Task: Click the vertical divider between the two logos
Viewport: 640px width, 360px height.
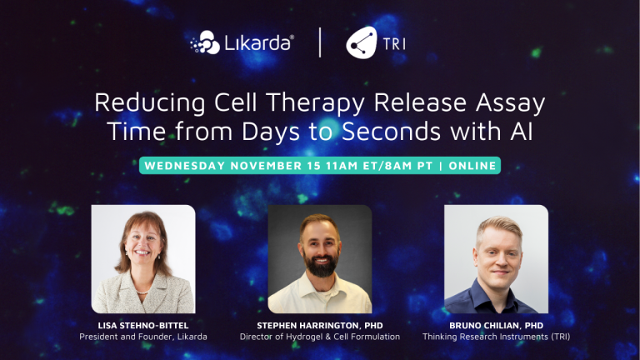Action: (320, 42)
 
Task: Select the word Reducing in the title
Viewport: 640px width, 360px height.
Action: (142, 104)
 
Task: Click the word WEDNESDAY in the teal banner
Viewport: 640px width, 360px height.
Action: (187, 165)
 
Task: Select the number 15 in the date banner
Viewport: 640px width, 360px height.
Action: (312, 165)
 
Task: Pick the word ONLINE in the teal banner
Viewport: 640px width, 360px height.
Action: (473, 165)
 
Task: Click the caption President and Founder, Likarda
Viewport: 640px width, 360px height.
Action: (143, 337)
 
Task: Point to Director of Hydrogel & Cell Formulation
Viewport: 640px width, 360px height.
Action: (320, 337)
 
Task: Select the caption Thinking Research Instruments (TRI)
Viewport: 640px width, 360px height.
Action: (496, 337)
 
